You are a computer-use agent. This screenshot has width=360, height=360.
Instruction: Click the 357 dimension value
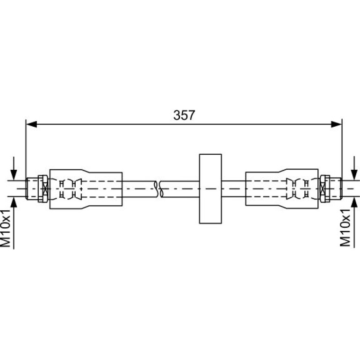coord(184,115)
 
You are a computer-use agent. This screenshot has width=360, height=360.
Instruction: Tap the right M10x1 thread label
coord(345,228)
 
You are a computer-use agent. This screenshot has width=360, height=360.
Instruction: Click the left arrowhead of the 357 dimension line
coord(32,124)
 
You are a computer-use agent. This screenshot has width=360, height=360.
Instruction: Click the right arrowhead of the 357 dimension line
coord(336,124)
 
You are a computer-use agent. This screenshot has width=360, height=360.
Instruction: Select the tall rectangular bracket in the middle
coord(210,189)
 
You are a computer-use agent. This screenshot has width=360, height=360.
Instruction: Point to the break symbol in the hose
coord(158,189)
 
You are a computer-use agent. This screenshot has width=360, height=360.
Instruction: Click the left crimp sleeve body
coord(86,189)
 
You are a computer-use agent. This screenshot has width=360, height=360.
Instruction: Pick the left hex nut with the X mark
coord(43,189)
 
